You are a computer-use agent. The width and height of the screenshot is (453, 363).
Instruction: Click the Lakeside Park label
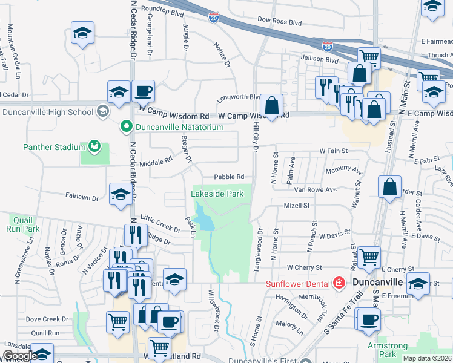point(217,194)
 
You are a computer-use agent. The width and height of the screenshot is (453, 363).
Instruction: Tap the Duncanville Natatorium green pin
point(127,127)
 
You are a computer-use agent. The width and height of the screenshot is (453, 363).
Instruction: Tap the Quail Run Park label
point(20,225)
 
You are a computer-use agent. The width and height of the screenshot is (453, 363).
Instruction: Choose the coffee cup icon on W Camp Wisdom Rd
point(143,91)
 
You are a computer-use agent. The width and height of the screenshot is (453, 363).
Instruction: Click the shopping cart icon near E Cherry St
point(368,257)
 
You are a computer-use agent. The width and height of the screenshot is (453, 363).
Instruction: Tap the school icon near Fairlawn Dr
point(120,194)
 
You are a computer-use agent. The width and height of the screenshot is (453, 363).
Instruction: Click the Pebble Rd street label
point(229,177)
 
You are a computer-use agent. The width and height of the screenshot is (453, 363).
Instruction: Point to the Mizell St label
point(297,206)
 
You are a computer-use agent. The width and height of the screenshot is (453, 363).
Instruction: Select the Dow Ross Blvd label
point(279,21)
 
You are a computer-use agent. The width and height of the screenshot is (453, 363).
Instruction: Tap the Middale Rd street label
point(156,161)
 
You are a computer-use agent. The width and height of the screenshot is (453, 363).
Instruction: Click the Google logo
point(19,356)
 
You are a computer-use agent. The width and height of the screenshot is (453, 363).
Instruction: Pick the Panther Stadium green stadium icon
point(94,146)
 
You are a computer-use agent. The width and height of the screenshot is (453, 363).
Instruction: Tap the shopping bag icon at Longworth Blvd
point(273,105)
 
